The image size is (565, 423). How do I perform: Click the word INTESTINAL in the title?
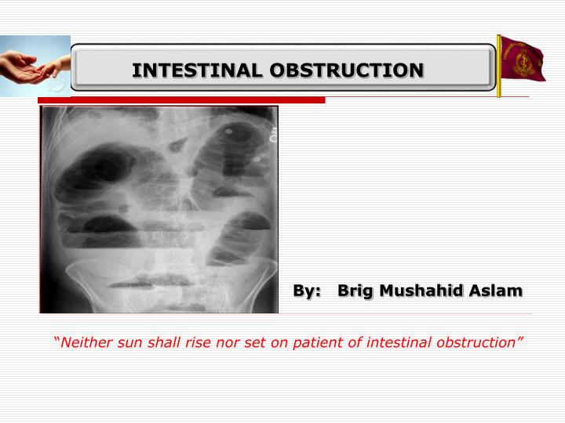[198, 70]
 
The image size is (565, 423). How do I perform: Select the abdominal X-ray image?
[159, 209]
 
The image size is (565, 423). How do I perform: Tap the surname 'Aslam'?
[496, 291]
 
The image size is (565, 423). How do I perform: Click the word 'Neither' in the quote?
[85, 342]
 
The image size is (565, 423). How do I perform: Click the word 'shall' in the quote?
[159, 342]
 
